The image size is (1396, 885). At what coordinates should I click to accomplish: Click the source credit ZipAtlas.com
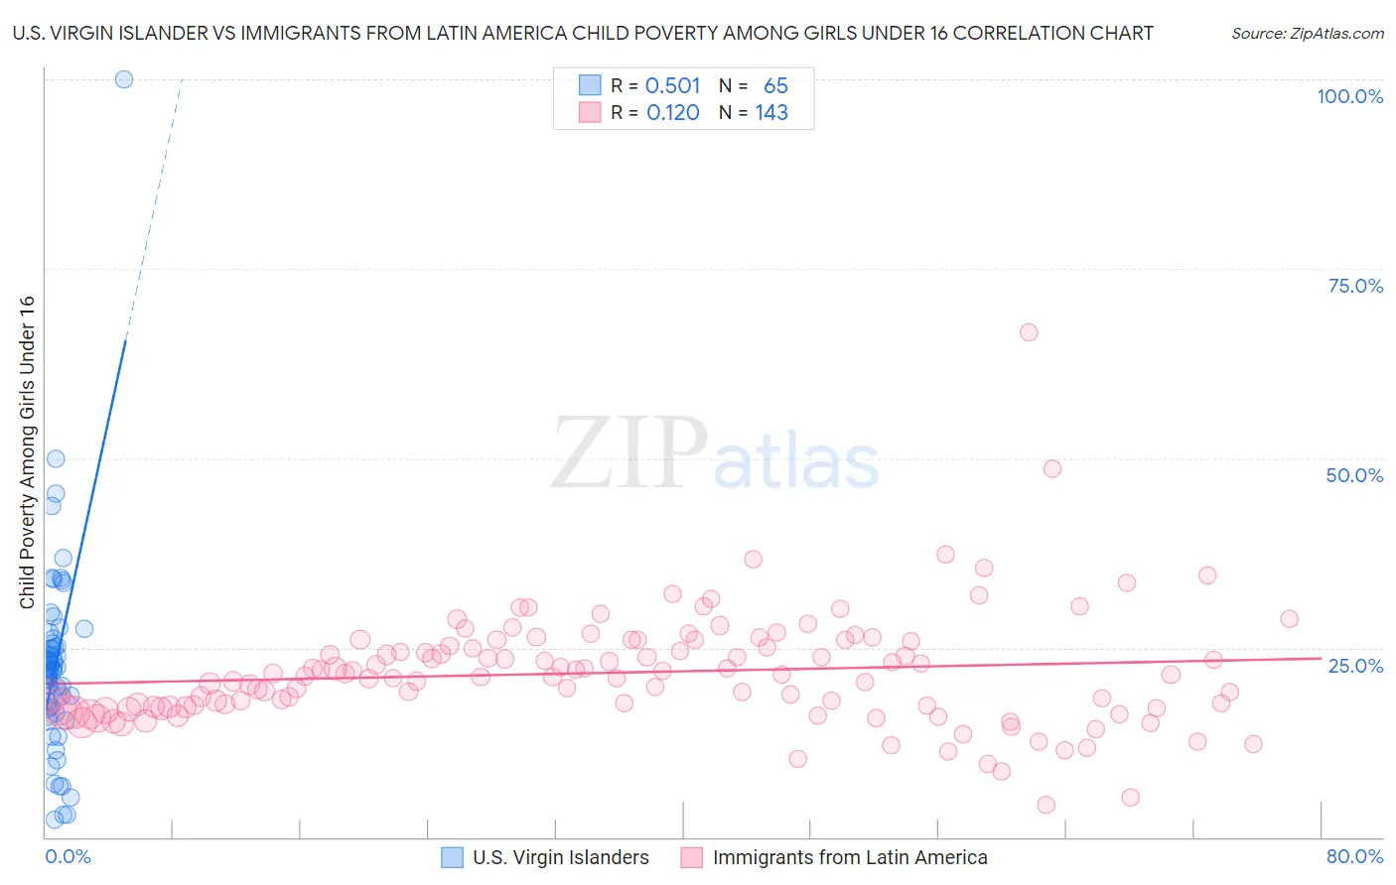pos(1307,33)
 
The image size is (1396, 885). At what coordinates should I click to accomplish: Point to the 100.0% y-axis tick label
pos(1349,96)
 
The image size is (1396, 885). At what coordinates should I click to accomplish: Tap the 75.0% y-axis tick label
pos(1355,286)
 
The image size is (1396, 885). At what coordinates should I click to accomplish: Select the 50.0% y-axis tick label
pos(1354,475)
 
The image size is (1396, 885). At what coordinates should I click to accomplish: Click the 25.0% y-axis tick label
pos(1355,665)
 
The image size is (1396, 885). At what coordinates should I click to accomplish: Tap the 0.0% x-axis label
pos(68,856)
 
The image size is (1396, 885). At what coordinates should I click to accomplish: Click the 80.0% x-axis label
pos(1354,856)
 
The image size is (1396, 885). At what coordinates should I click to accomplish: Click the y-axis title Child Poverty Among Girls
pos(27,452)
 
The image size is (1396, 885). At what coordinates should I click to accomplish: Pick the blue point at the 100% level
pos(124,79)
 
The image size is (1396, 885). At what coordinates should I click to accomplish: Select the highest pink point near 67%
pos(1029,332)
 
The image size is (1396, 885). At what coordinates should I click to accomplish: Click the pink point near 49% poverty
pos(1052,468)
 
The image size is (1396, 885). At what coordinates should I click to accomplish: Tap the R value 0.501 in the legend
pos(672,86)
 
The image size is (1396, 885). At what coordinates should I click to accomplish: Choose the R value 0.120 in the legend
pos(672,113)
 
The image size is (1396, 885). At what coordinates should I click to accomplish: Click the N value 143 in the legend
pos(771,113)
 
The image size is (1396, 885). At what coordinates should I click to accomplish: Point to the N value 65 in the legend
pos(775,86)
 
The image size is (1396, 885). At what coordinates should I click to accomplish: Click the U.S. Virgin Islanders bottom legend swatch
pos(452,857)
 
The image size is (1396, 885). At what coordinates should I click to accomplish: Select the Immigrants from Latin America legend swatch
pos(692,857)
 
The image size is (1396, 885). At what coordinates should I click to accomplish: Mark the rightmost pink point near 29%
pos(1289,619)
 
